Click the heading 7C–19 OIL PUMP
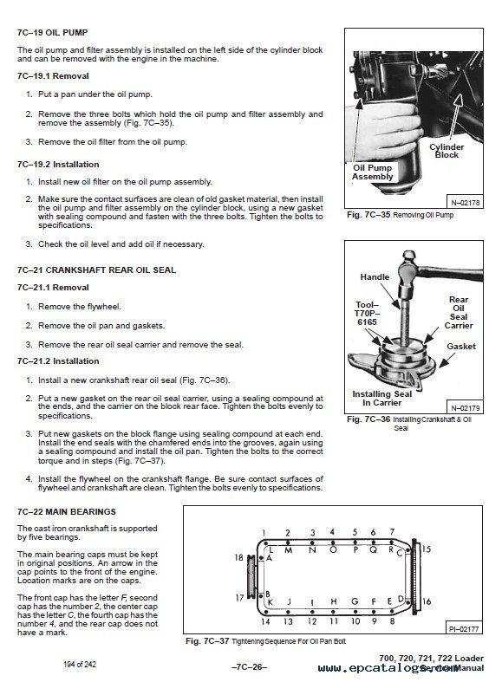pos(52,33)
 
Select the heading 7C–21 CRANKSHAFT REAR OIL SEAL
pos(96,270)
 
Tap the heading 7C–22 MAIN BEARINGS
pos(67,512)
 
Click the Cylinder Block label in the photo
pos(447,151)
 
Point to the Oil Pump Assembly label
pos(372,172)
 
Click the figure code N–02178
pos(465,203)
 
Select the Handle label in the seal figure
pos(375,277)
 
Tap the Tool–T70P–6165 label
pos(367,314)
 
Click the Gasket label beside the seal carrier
pos(461,347)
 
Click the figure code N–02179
pos(465,408)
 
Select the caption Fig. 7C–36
pos(368,419)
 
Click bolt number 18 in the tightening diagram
pos(238,557)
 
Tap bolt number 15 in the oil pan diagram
pos(427,549)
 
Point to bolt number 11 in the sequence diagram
pos(334,621)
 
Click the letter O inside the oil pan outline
pos(333,549)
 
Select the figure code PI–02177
pos(464,629)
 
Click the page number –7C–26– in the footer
pos(249,667)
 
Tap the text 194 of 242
pos(80,664)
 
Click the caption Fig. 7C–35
pos(368,215)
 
